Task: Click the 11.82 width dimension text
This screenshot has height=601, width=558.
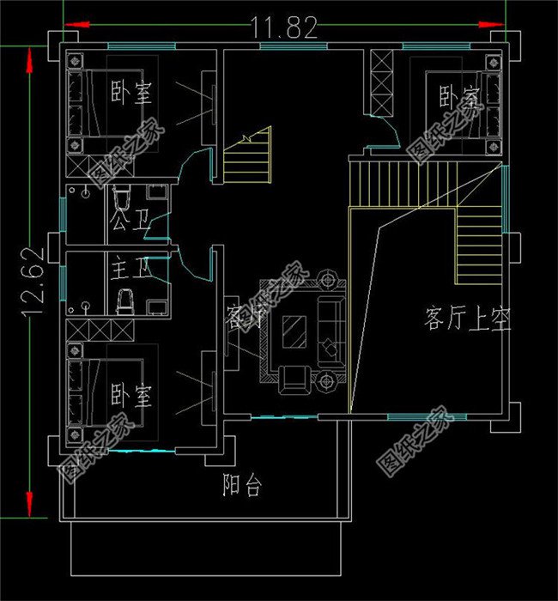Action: [285, 28]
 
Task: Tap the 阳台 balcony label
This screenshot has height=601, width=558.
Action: [241, 486]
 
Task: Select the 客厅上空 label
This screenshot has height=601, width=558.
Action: [467, 321]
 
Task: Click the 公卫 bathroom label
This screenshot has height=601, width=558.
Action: [130, 229]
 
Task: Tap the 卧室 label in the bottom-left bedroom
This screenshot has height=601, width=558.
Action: [131, 396]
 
